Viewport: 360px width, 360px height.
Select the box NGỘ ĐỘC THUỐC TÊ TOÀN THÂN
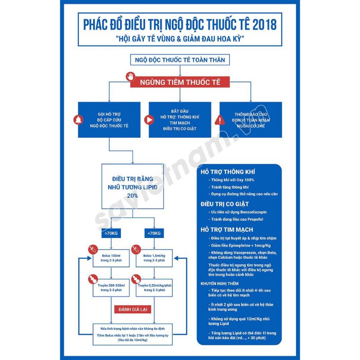[x=180, y=59]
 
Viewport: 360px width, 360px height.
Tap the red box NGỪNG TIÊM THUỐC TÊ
[x=180, y=82]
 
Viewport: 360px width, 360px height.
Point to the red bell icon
[x=77, y=120]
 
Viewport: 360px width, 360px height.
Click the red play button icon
[x=148, y=120]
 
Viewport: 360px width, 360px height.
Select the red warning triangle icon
[x=219, y=120]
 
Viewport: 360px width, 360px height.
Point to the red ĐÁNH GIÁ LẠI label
[x=132, y=310]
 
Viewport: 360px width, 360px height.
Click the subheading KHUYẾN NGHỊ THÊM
[x=220, y=284]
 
